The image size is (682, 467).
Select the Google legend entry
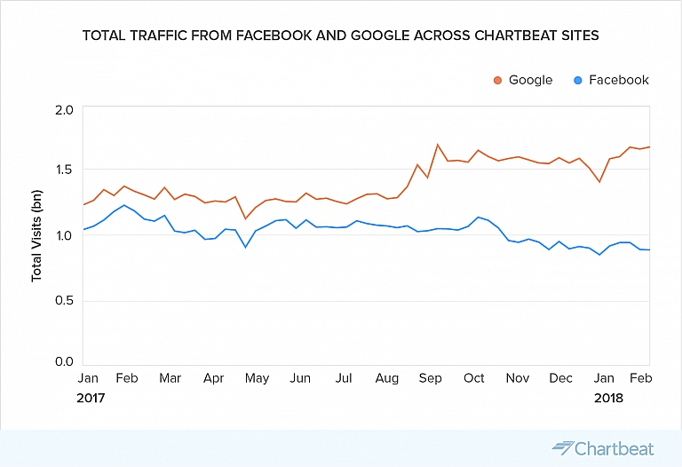[523, 80]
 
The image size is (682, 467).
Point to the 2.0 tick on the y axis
[63, 110]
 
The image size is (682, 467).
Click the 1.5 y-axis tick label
[63, 170]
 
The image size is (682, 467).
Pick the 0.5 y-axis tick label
[63, 301]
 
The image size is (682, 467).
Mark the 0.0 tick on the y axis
[63, 362]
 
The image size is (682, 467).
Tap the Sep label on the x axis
[430, 379]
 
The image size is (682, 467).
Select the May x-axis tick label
[257, 379]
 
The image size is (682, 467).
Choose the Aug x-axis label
[387, 379]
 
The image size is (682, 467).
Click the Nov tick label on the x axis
[517, 379]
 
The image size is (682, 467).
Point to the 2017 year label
[91, 399]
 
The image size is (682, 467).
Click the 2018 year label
[609, 399]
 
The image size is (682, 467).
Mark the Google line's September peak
[438, 145]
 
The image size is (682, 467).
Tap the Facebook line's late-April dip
[245, 247]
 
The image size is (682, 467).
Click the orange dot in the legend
[498, 80]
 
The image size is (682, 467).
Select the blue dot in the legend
[578, 80]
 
